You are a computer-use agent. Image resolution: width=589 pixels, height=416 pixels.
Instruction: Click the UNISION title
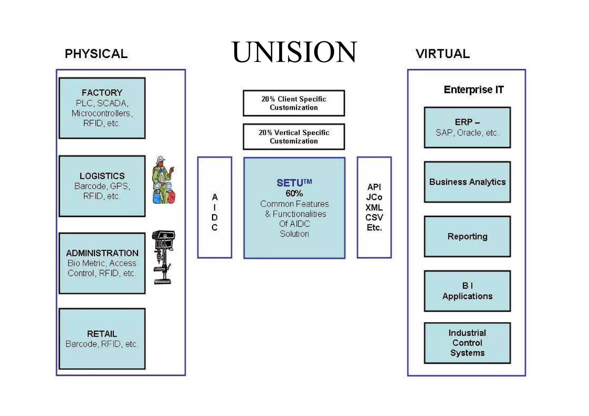click(294, 52)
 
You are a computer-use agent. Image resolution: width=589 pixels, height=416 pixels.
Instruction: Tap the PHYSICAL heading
click(96, 54)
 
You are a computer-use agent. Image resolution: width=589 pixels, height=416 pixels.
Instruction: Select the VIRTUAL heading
click(443, 54)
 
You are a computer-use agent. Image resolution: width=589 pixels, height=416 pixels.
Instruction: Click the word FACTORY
click(102, 93)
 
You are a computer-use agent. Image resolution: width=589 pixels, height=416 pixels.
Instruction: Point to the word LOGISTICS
click(102, 176)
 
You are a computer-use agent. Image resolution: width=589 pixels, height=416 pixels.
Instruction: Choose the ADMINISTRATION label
click(102, 253)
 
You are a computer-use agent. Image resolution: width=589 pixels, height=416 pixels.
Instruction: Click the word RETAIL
click(102, 334)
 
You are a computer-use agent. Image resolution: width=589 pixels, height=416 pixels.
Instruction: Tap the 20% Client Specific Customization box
click(294, 103)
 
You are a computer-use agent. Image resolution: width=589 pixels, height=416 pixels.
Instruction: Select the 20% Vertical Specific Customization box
click(294, 137)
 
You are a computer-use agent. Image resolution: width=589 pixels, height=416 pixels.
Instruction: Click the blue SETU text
click(290, 183)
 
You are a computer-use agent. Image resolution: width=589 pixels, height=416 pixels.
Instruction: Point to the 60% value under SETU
click(294, 193)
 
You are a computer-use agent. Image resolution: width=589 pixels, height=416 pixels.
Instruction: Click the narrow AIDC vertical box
click(215, 207)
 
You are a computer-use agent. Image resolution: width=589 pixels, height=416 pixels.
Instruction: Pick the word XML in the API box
click(374, 207)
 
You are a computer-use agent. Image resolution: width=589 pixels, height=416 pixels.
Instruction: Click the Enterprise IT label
click(473, 90)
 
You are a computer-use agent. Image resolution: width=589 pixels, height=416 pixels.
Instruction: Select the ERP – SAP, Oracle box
click(467, 128)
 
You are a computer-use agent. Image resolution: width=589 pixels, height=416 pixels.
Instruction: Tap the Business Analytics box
click(467, 182)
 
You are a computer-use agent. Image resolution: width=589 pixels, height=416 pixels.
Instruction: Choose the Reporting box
click(467, 236)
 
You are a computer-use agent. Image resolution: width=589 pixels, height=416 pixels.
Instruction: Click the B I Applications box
click(467, 291)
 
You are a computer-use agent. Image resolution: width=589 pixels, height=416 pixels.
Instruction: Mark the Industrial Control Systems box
click(467, 343)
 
